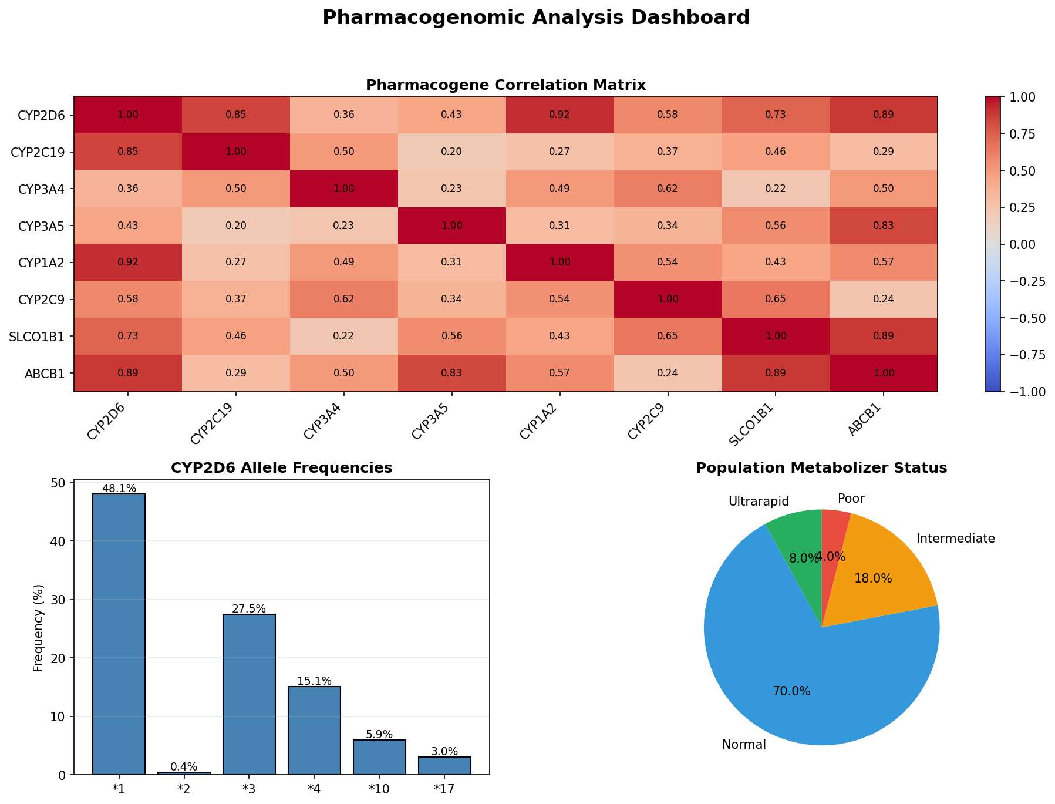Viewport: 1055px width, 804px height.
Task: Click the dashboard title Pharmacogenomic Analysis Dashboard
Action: (535, 18)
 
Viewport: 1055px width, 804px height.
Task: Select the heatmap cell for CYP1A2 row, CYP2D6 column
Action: (128, 262)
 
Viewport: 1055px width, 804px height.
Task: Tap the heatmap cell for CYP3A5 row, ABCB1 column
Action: (883, 225)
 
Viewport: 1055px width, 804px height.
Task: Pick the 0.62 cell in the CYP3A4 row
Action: (668, 189)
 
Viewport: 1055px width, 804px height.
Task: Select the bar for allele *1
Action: (119, 634)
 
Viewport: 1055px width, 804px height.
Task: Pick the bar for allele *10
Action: (379, 757)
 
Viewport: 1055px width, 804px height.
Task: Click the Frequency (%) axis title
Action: (39, 628)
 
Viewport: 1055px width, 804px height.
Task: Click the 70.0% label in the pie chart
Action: (791, 691)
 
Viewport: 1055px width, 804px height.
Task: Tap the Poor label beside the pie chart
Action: (851, 499)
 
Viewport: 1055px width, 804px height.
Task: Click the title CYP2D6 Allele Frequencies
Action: (281, 468)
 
